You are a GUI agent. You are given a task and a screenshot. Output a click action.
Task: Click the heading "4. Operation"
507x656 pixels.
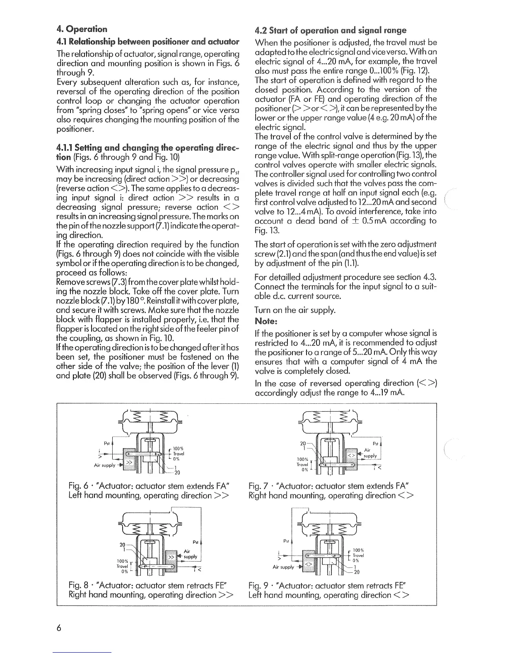[82, 29]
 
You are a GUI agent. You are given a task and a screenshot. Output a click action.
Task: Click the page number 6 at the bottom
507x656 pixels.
[60, 627]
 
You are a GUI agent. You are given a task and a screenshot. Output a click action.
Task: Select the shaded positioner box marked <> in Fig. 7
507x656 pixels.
[351, 456]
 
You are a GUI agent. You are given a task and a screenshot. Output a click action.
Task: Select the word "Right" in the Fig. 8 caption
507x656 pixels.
[79, 595]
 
